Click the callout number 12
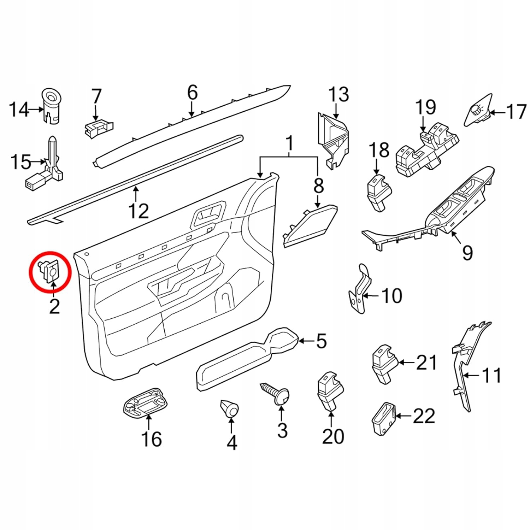click(x=139, y=211)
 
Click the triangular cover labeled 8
click(x=310, y=225)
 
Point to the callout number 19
click(x=425, y=107)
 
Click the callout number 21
click(x=426, y=363)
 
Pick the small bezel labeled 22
click(x=383, y=418)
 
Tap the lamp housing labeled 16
click(x=146, y=403)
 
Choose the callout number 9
click(x=467, y=253)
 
